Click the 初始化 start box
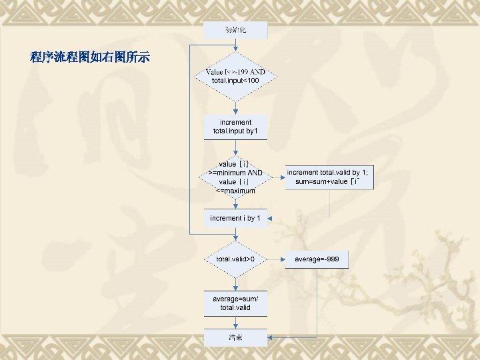235,29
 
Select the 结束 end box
235,337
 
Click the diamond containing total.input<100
235,76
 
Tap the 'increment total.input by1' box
235,127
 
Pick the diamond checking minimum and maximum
235,177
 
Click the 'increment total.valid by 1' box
329,177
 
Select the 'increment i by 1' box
235,219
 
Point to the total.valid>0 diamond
235,259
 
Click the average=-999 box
317,259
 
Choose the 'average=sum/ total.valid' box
235,303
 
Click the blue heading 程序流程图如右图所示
90,57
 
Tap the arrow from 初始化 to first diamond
235,45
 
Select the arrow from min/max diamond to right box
278,177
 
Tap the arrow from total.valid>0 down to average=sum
235,282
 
